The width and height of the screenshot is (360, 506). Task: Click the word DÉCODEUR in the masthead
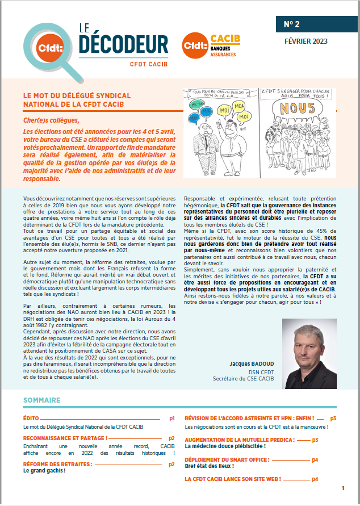(x=123, y=44)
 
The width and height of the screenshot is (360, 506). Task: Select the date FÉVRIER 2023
(x=305, y=41)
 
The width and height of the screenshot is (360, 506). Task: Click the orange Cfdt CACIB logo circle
(x=193, y=44)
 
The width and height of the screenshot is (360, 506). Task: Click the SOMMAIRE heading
(x=42, y=400)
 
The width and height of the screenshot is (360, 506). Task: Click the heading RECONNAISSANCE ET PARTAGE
(x=65, y=438)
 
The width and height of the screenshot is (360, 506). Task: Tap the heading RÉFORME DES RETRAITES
(x=57, y=464)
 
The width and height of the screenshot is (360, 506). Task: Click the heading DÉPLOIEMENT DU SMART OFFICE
(x=242, y=459)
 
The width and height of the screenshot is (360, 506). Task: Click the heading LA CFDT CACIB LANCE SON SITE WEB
(x=233, y=479)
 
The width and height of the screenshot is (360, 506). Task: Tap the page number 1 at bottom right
(x=343, y=488)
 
